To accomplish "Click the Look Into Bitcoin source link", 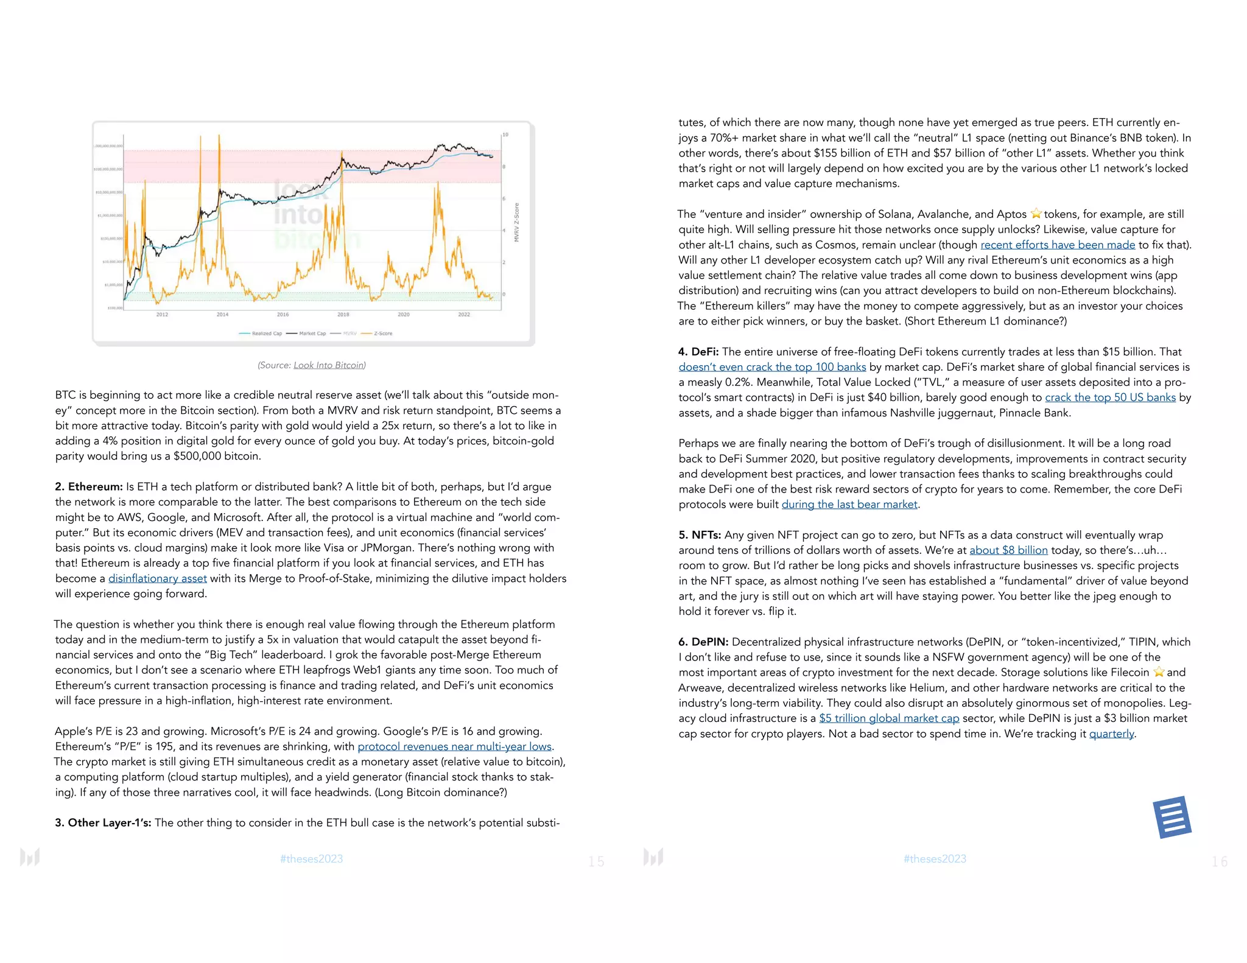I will pos(329,365).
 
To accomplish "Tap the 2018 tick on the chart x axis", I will pos(343,315).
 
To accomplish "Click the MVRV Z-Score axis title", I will pos(516,222).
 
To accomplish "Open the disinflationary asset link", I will pos(158,579).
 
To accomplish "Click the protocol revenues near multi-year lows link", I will pos(454,747).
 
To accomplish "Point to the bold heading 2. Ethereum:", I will pos(89,487).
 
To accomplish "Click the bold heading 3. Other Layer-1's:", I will pos(103,823).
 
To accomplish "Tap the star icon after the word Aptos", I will pos(1036,214).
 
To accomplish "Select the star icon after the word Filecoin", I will pos(1159,672).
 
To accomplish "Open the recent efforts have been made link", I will pos(1058,245).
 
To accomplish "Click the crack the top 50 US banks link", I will pos(1110,397).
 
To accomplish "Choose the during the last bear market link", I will pos(849,505).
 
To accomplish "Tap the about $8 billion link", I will pos(1008,550).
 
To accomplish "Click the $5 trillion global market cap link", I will pos(889,718).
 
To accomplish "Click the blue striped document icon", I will pos(1171,817).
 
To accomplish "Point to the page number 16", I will pos(1219,861).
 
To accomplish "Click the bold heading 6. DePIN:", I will pos(704,642).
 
